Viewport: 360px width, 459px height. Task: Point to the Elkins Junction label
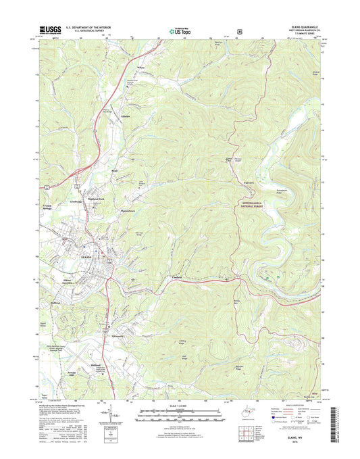(62, 281)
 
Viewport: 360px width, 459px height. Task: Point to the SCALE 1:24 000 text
(180, 405)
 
